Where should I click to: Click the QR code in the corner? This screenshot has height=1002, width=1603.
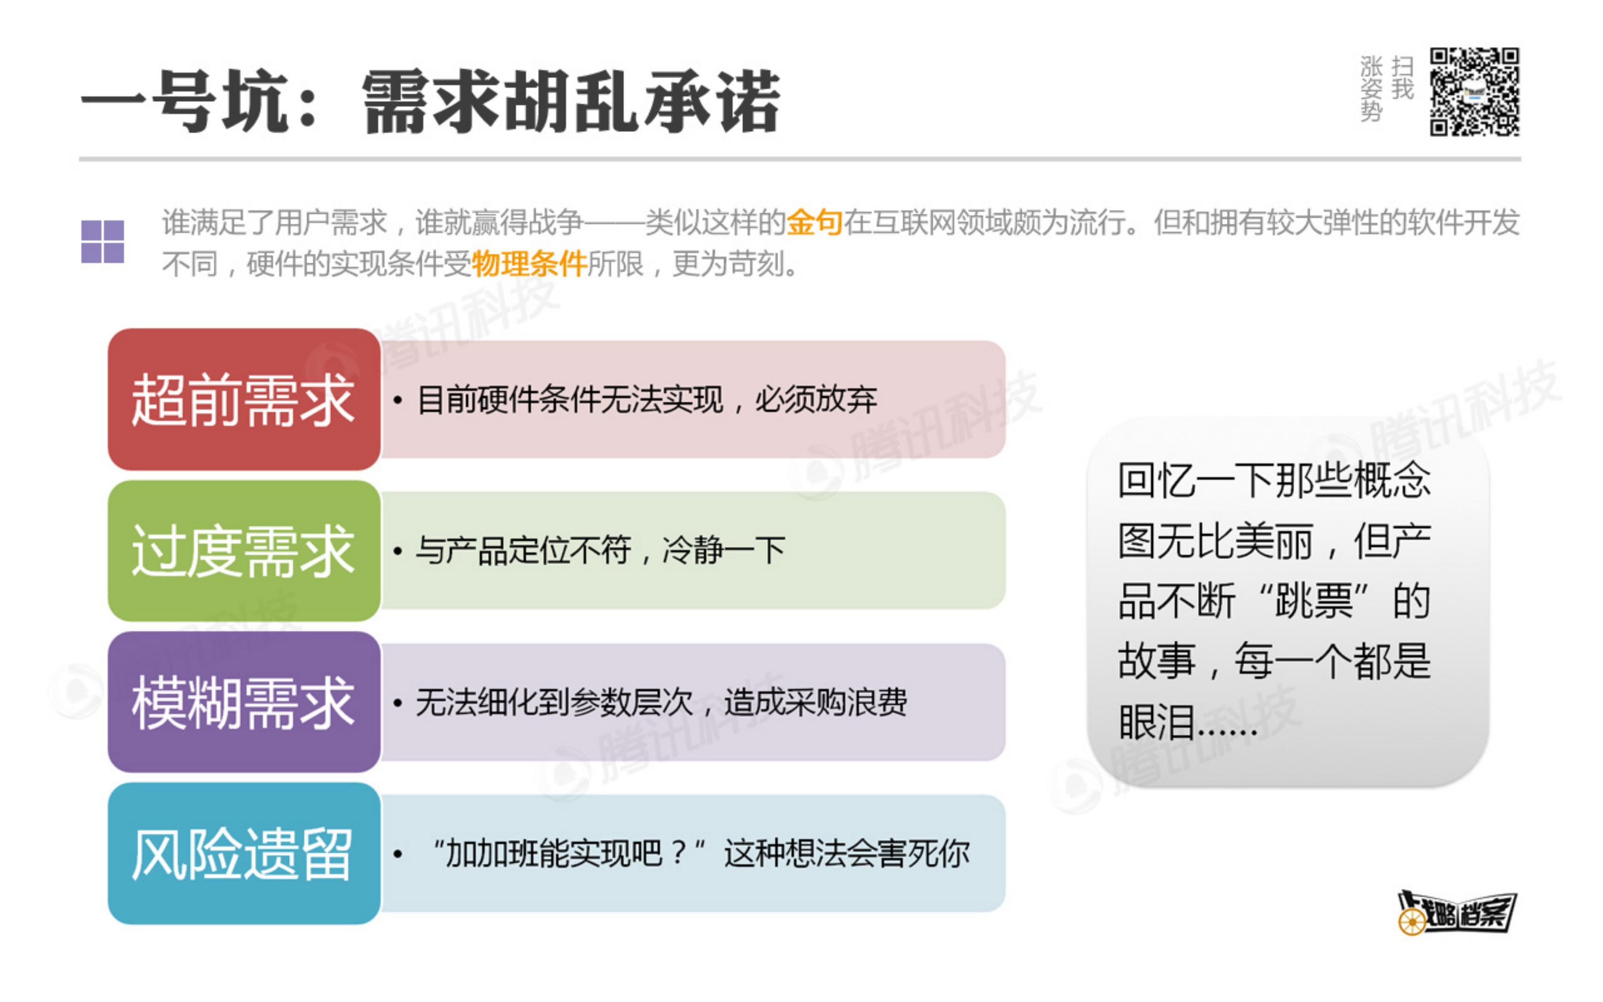point(1474,92)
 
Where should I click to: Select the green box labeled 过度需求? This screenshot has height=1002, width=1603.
point(244,551)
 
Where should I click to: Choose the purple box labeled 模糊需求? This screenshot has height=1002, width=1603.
point(244,702)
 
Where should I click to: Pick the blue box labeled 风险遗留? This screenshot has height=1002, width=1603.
point(244,854)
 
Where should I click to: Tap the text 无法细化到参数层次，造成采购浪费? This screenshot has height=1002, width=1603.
point(661,702)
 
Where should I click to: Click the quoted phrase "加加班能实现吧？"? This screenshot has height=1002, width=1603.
point(568,854)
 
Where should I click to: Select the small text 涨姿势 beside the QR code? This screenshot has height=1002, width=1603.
point(1371,89)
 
